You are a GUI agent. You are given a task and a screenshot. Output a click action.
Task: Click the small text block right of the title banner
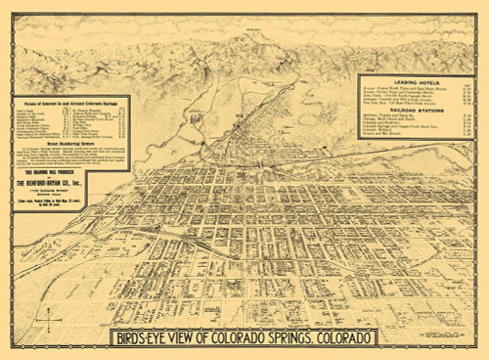[430, 337]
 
